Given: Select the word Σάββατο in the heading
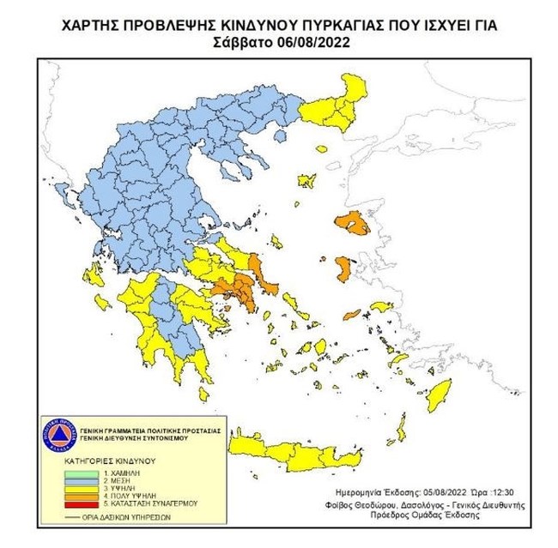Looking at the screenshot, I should coord(245,40).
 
